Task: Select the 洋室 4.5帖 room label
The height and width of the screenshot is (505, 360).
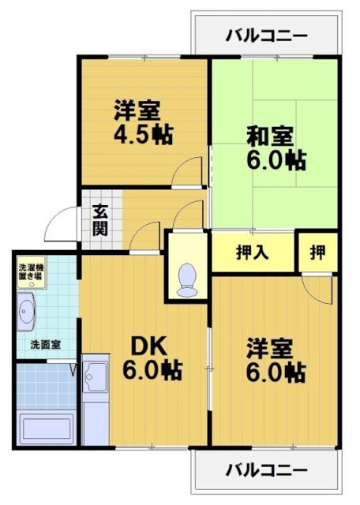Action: [142, 122]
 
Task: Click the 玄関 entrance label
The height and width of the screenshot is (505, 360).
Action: [100, 220]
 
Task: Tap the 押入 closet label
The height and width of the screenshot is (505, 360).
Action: [253, 253]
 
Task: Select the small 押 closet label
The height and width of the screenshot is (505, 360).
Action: [317, 253]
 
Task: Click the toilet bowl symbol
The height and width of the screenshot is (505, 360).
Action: [188, 279]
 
